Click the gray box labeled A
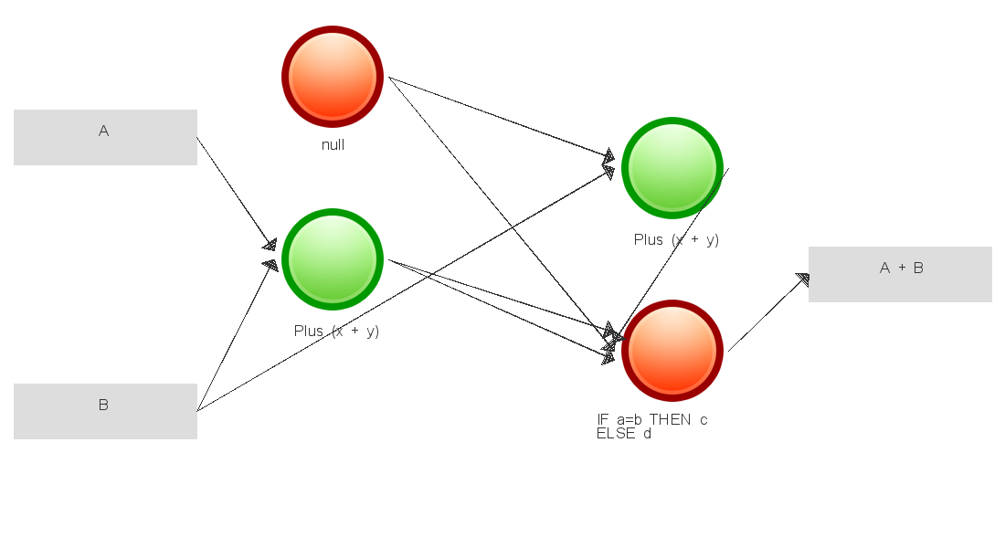click(105, 137)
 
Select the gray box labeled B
click(105, 411)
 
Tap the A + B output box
click(900, 274)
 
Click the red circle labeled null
click(333, 77)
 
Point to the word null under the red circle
click(333, 145)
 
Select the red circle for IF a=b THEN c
click(672, 351)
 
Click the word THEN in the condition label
click(672, 420)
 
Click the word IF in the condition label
click(602, 420)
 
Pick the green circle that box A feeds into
click(333, 259)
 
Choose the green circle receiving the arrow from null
click(672, 168)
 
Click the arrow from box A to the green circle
click(235, 191)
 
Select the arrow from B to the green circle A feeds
click(233, 338)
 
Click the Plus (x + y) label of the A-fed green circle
click(336, 331)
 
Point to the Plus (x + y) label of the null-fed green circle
click(676, 239)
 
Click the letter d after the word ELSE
click(647, 434)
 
